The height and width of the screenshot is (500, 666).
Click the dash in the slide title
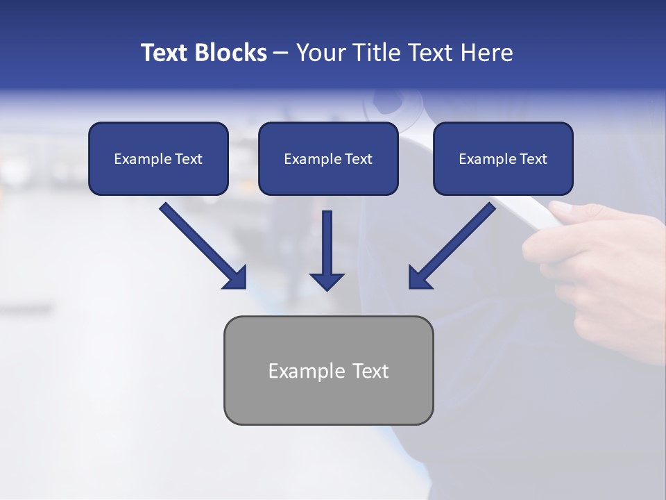[281, 53]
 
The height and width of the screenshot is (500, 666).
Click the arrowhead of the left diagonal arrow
[236, 278]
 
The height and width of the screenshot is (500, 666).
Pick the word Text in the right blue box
[533, 159]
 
